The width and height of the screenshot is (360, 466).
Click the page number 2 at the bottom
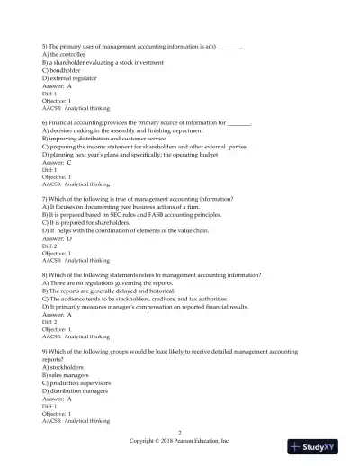click(180, 433)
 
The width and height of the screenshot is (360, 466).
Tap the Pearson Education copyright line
click(180, 441)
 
